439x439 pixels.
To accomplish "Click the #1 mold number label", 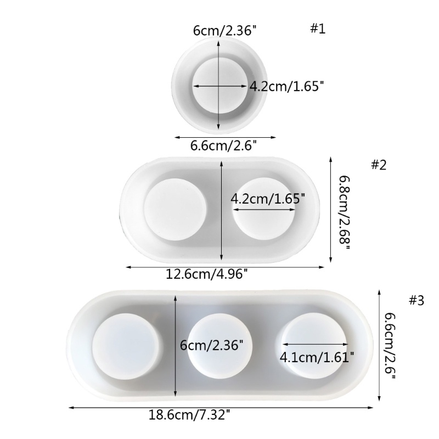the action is [x=318, y=29].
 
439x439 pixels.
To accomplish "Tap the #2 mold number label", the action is [x=379, y=165].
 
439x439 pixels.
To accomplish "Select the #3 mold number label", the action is [x=417, y=300].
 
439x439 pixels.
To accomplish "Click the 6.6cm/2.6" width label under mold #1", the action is [x=223, y=146].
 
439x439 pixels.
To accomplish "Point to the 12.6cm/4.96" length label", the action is [x=207, y=274].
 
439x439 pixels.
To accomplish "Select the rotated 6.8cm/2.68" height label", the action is [x=345, y=213].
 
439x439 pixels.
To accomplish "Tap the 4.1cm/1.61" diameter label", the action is [x=317, y=357].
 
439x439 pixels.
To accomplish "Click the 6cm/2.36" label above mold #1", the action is [x=225, y=30].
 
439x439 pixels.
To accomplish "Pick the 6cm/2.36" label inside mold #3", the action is [x=211, y=345].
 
